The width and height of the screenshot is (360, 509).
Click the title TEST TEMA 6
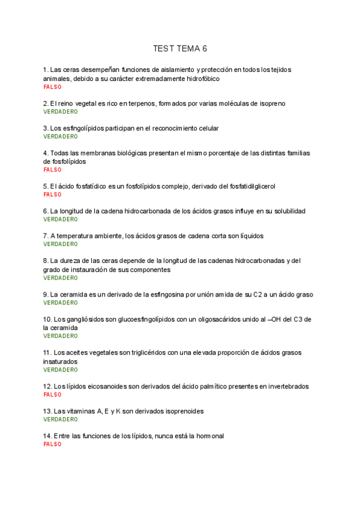[180, 49]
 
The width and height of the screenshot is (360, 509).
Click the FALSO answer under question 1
[52, 87]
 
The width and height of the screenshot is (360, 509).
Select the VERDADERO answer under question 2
[60, 112]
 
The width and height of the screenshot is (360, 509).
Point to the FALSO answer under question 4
[52, 170]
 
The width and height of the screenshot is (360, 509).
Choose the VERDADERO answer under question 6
[60, 219]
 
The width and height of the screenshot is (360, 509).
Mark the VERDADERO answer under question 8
[60, 278]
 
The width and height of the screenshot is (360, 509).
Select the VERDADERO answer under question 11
[60, 370]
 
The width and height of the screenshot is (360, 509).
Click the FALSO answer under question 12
[52, 394]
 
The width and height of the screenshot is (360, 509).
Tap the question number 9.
[46, 295]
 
